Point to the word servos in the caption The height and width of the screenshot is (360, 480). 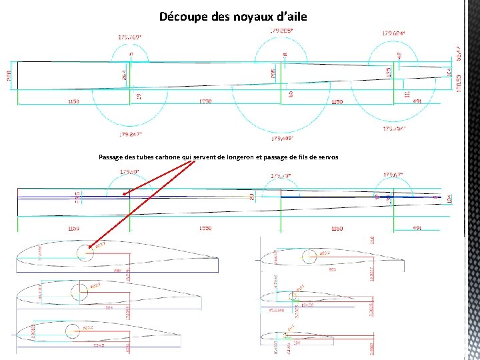coord(327,157)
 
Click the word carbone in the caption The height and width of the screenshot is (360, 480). coord(164,157)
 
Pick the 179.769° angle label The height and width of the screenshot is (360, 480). coord(131,37)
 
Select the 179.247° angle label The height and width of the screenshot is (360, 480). coord(132,134)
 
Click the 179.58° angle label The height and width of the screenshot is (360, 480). coord(129,171)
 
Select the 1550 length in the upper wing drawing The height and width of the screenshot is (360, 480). coord(205,101)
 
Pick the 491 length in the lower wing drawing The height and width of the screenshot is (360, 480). coord(417,228)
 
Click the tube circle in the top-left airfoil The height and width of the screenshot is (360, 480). coord(85,253)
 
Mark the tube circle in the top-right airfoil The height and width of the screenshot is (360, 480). coord(310,257)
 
